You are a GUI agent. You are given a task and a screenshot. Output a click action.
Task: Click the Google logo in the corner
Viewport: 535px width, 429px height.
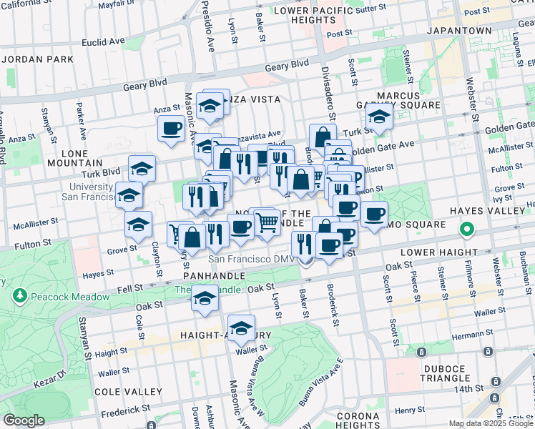coord(23,420)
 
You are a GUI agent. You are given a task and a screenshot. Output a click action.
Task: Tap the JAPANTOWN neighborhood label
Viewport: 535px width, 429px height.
coord(459,31)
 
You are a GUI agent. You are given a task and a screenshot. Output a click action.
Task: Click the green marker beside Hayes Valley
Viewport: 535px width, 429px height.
coord(466,230)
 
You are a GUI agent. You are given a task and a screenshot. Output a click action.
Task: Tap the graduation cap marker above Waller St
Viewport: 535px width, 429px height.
coord(242,327)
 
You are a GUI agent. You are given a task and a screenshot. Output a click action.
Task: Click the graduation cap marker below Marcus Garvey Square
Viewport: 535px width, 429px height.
coord(379,118)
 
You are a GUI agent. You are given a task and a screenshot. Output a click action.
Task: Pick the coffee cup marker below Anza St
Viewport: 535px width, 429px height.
coord(171,129)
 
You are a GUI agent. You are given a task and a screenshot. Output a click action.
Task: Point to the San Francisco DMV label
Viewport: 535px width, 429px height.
coord(250,259)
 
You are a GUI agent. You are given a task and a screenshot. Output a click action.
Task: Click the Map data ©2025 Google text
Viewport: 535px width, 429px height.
coord(490,423)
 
